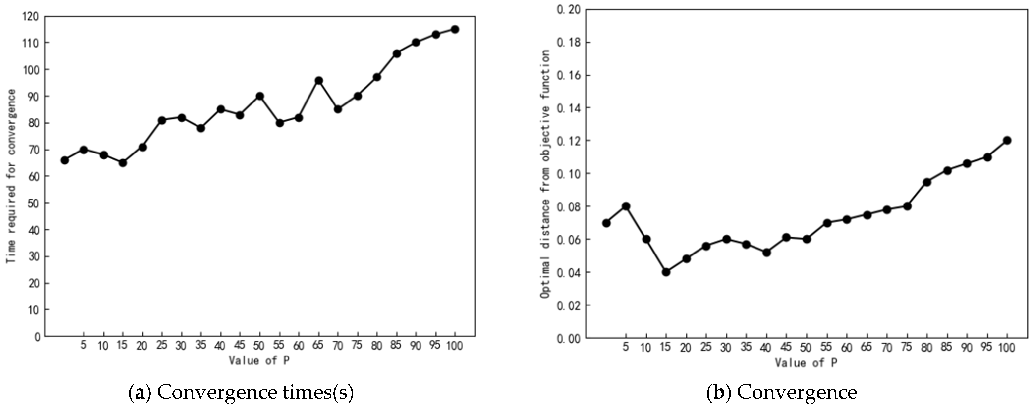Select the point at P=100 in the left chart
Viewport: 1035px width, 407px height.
pos(455,29)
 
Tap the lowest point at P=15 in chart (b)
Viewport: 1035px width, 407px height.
pos(666,272)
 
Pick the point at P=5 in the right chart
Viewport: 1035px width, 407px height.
pos(626,206)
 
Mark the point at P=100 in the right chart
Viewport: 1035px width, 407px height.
pos(1007,140)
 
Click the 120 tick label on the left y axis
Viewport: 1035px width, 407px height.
pos(31,16)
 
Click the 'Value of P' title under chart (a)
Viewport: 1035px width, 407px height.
pos(259,360)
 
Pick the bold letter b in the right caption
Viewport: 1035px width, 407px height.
pos(718,392)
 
